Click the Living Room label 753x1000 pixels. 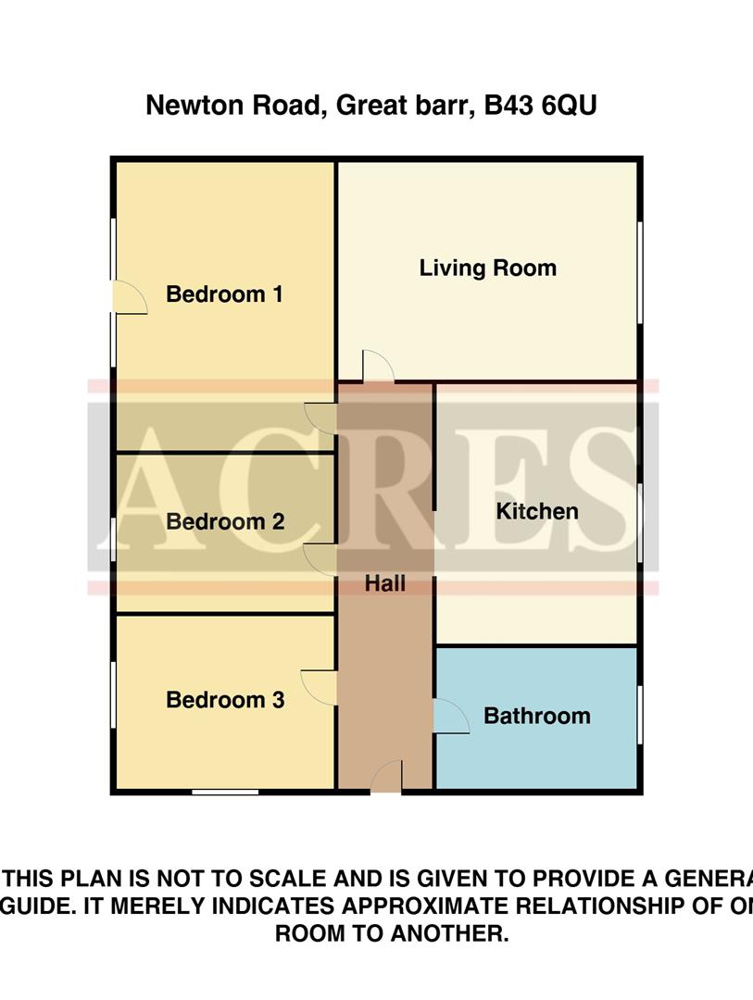[487, 269]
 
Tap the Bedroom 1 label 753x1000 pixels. [224, 294]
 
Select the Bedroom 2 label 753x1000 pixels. [225, 521]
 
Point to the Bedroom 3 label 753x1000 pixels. [225, 700]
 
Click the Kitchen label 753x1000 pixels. [537, 511]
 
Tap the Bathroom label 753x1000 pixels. [536, 716]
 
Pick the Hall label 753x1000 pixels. [385, 583]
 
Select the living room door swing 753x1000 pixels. [377, 367]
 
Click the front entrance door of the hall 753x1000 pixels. [386, 778]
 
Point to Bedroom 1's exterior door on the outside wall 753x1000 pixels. [128, 298]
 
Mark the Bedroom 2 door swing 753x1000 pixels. [320, 559]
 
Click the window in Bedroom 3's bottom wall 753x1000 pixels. [225, 792]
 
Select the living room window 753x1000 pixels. [640, 272]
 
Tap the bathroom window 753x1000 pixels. [640, 714]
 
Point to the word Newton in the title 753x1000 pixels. [191, 106]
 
